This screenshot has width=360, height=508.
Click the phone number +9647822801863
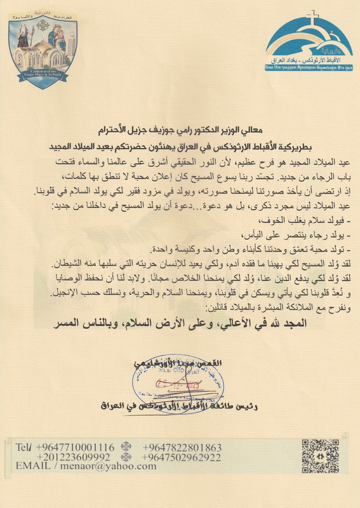click(x=186, y=447)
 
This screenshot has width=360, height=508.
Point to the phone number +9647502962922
click(x=186, y=457)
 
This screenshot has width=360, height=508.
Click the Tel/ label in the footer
click(x=25, y=447)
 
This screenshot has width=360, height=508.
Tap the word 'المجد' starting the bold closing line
click(x=292, y=321)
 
